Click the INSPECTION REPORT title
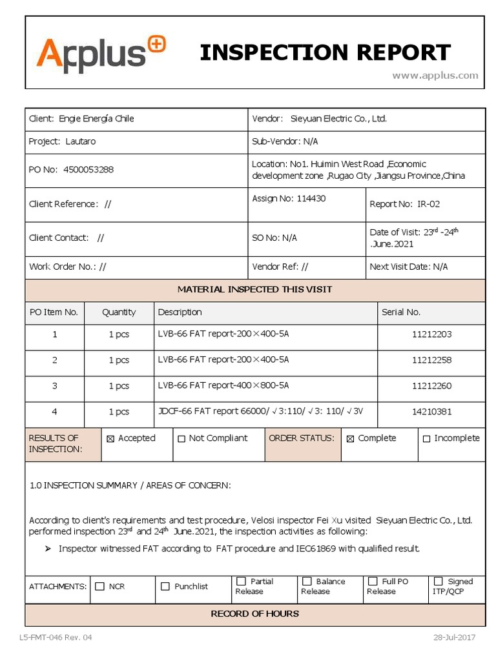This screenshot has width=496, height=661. tap(325, 52)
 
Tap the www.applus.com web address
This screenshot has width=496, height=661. tap(435, 76)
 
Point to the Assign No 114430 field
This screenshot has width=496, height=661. tap(289, 198)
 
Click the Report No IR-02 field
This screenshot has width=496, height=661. tap(405, 204)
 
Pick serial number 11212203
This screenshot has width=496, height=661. tap(431, 334)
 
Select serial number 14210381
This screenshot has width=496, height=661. tap(431, 412)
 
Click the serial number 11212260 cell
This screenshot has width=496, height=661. tap(431, 386)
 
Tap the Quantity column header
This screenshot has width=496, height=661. tap(119, 312)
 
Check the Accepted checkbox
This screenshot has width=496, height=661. tap(110, 439)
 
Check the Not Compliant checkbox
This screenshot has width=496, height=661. tap(181, 439)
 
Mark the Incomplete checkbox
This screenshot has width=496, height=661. tap(426, 439)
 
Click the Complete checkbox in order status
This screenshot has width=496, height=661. tap(351, 439)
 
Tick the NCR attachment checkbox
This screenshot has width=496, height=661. tap(99, 587)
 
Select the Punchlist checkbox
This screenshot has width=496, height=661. tap(165, 587)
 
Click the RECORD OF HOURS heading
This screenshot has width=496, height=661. tap(254, 614)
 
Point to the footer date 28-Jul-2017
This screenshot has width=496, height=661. tap(454, 638)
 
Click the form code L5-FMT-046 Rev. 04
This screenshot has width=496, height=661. tap(56, 638)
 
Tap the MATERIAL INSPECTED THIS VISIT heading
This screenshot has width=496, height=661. tap(254, 289)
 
